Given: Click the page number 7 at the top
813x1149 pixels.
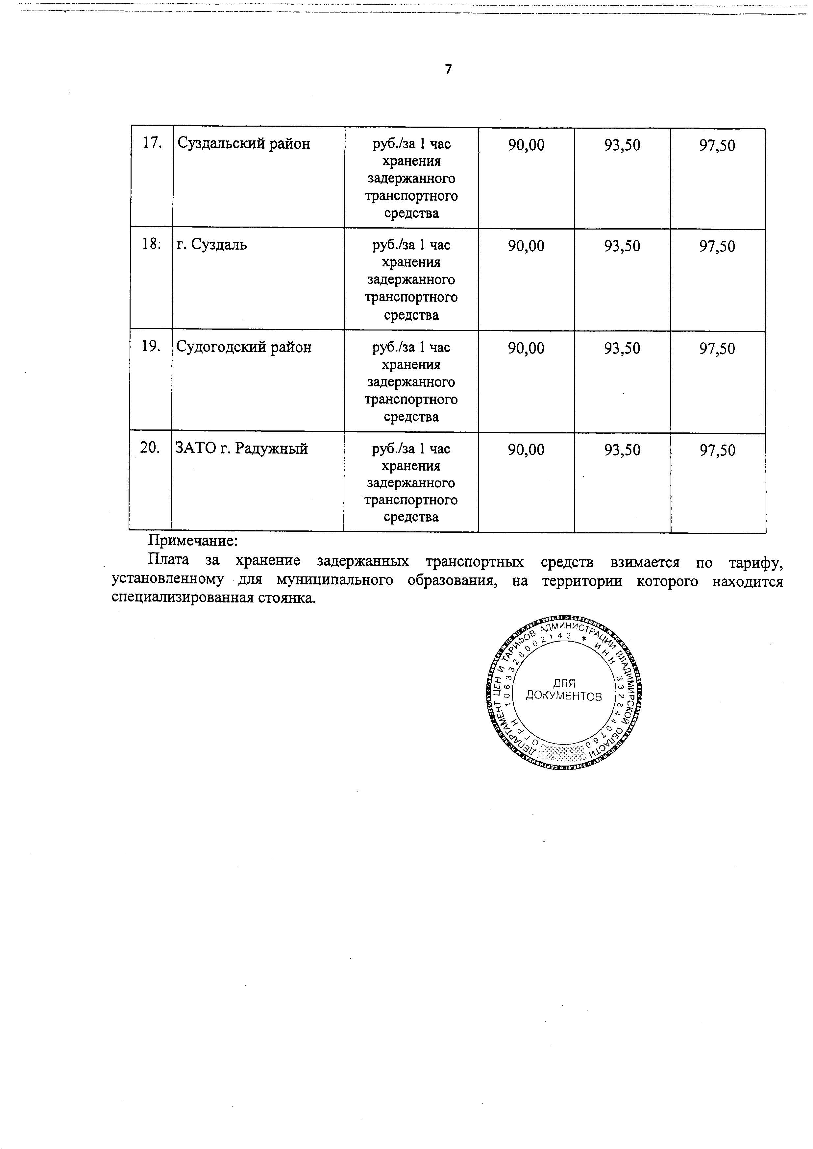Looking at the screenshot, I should click(448, 70).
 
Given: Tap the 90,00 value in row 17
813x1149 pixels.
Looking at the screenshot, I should click(526, 145).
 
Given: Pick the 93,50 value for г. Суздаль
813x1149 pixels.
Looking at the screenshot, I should click(622, 246).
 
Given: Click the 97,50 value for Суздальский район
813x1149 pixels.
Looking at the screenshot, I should click(717, 146).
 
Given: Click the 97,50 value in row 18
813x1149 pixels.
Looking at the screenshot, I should click(717, 246).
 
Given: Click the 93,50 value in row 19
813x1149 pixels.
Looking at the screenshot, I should click(622, 348).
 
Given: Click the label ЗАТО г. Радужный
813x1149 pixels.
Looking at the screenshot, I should click(241, 449).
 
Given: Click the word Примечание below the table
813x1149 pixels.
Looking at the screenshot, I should click(193, 541).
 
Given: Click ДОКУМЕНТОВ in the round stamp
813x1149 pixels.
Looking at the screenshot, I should click(564, 696).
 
